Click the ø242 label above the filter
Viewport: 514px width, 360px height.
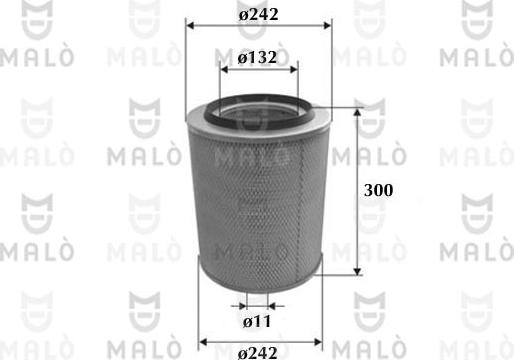tap(259, 14)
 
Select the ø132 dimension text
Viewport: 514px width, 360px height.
tap(258, 59)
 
